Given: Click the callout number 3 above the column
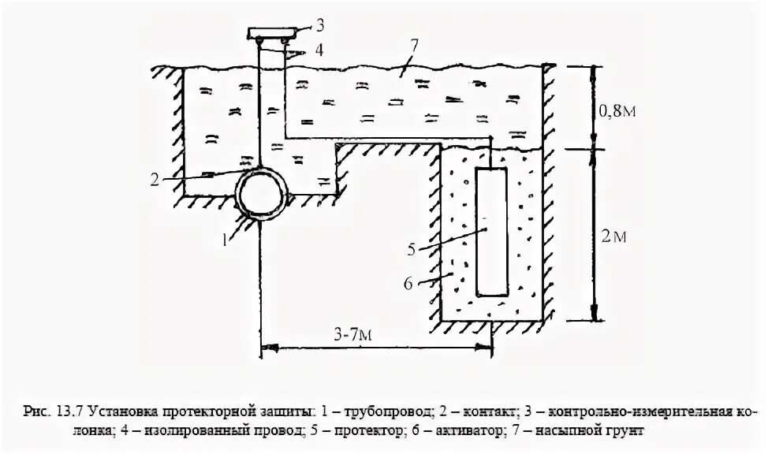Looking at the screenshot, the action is tap(297, 14).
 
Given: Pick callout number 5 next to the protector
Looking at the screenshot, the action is tap(411, 251).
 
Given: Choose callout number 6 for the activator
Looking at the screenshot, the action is tap(408, 281).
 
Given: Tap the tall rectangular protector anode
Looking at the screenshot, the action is tap(492, 231).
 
